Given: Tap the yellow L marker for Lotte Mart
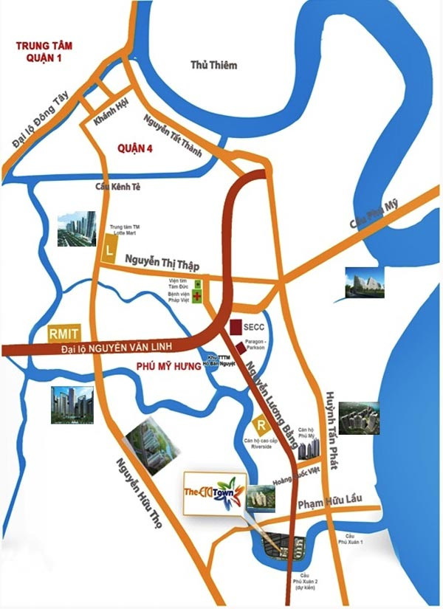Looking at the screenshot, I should coord(110,250).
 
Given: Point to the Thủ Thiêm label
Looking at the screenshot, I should coord(213,65).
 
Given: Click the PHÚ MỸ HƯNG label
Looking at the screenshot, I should coord(168,366).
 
